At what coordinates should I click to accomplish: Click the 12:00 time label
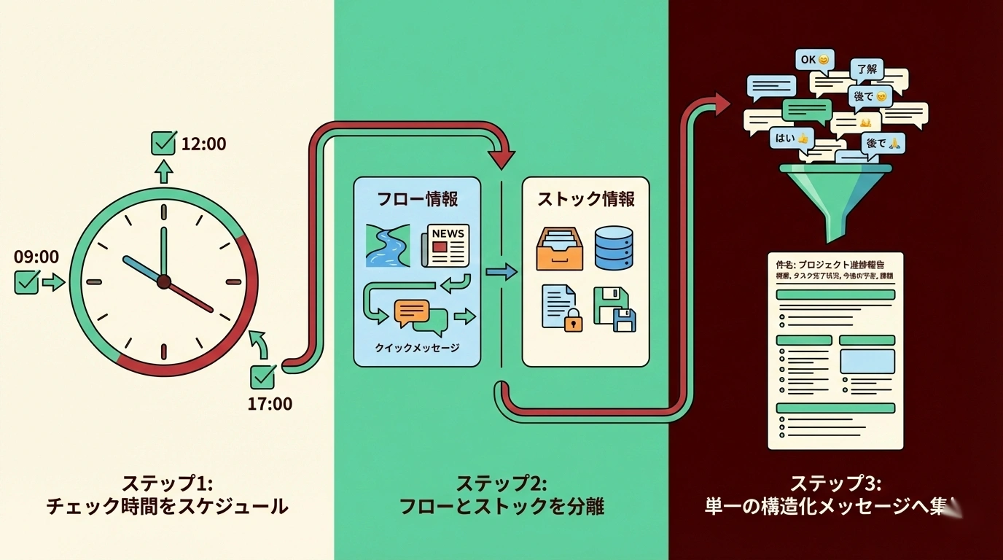point(203,144)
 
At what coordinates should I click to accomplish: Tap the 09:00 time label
point(36,257)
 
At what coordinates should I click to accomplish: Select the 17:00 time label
point(270,403)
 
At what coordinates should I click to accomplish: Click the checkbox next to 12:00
point(163,143)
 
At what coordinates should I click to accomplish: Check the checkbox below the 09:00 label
point(27,282)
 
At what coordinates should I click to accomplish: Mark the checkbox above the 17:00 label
point(262,376)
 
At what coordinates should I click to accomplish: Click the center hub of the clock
point(164,281)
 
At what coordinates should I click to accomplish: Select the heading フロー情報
point(418,199)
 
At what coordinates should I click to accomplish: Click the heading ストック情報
point(586,199)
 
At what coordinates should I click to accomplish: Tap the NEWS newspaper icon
point(445,246)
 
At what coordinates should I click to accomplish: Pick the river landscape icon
point(386,246)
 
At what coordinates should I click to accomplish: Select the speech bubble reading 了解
point(867,70)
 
